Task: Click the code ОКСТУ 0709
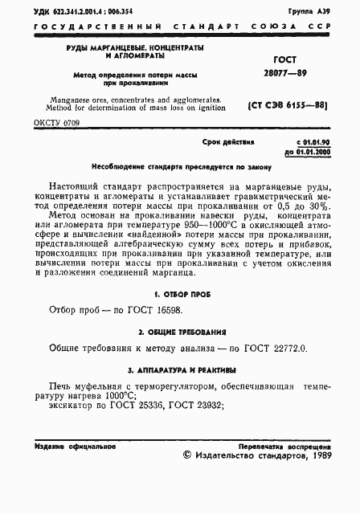pyautogui.click(x=57, y=122)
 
